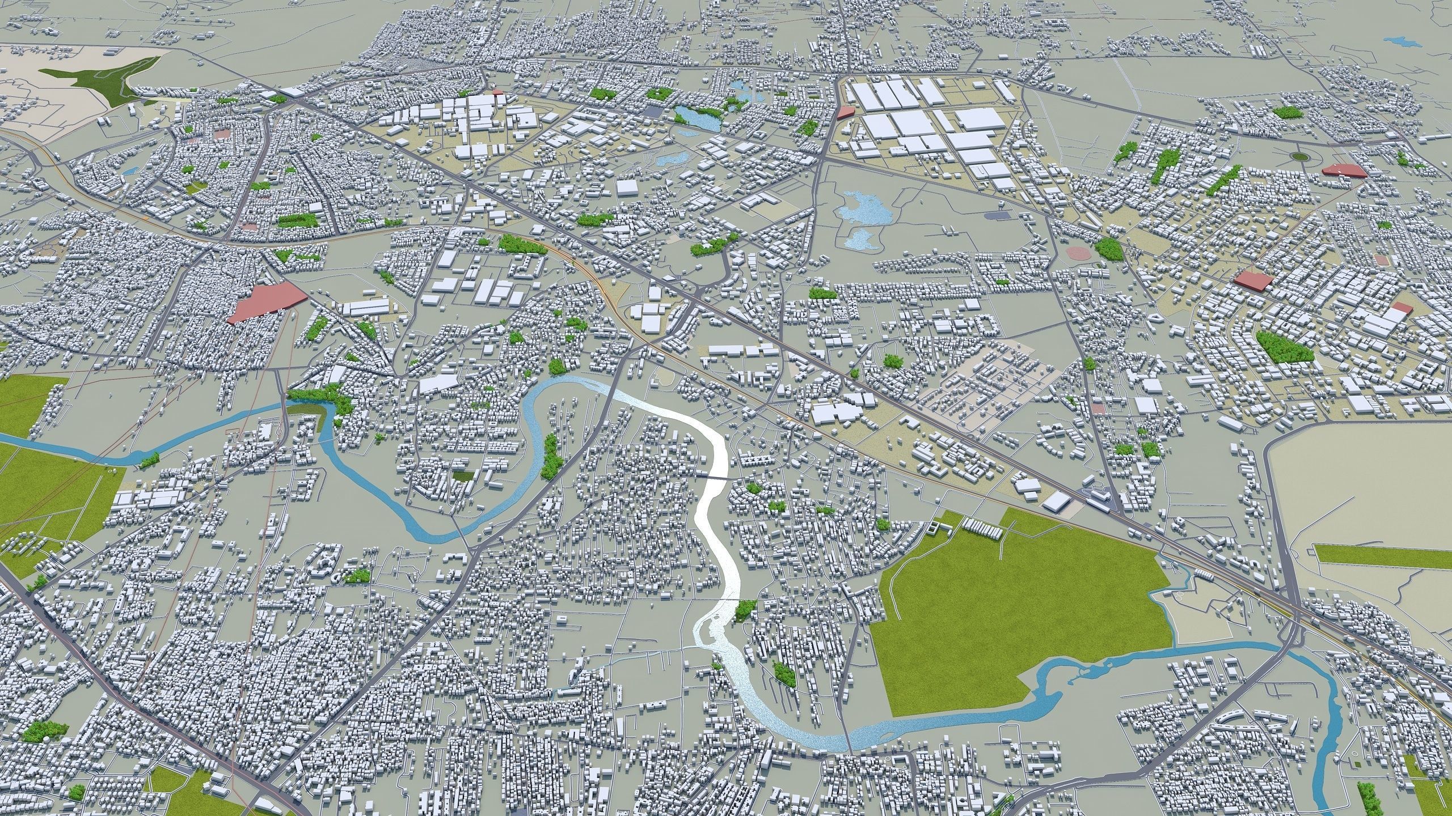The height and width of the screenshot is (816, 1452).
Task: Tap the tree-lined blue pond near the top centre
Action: pos(695,117)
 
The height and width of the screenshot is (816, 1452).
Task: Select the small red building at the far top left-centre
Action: pos(497,91)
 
